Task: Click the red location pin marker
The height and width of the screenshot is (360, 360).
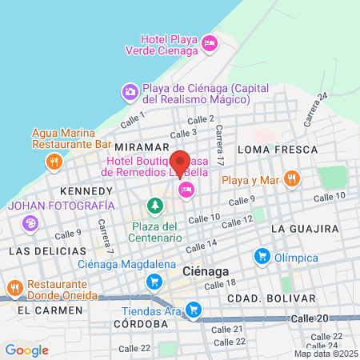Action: click(x=180, y=163)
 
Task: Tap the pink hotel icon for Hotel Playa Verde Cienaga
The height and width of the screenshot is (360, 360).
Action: click(x=210, y=42)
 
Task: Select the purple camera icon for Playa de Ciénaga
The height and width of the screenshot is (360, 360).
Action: click(x=130, y=93)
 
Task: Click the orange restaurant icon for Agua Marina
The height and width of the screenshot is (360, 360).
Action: click(x=54, y=161)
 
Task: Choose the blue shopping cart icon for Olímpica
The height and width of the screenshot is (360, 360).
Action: click(x=260, y=257)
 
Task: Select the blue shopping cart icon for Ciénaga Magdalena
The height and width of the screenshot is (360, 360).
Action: click(x=154, y=282)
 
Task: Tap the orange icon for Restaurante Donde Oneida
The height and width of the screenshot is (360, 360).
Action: click(x=14, y=289)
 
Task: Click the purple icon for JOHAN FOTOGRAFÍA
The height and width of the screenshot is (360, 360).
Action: click(x=30, y=222)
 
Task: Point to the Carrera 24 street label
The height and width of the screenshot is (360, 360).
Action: click(x=316, y=110)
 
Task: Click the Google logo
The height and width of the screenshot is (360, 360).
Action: click(x=26, y=350)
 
